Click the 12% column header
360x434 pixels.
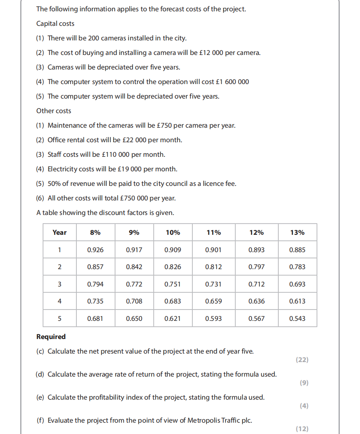(257, 232)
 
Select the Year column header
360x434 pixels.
(59, 232)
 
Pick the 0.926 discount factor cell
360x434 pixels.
(95, 250)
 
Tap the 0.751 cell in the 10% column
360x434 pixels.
(173, 284)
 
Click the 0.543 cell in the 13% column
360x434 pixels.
(297, 318)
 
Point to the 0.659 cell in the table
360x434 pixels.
(213, 301)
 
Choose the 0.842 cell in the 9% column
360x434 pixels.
(134, 267)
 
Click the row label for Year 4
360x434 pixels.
(59, 301)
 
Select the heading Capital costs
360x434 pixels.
(55, 23)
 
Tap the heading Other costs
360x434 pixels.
(54, 111)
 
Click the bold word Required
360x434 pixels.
(51, 337)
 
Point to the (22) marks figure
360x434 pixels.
(302, 360)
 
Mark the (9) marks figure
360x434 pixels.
(304, 383)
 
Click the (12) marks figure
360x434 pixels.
(302, 429)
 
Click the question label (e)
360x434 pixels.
(40, 397)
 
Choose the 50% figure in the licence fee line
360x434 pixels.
(55, 183)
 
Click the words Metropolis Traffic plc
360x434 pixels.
(221, 420)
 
